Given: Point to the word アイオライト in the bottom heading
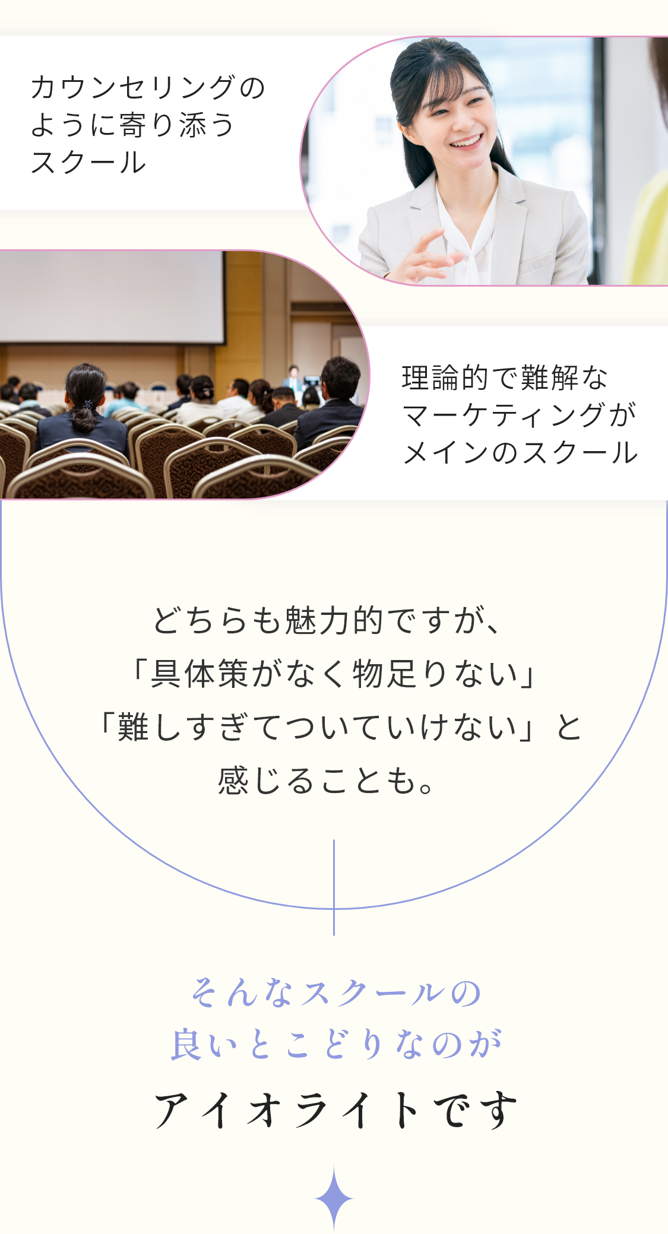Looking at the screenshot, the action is pos(287,1109).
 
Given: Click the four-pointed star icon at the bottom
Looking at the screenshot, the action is pos(334,1198).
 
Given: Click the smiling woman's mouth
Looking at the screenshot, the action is pos(467,142).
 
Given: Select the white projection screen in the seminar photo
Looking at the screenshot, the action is pos(112,297).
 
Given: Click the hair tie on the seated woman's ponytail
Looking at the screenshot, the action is pos(88,405).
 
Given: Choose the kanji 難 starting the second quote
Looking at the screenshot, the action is pos(133,727).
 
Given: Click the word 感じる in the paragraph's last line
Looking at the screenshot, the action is pos(265,781).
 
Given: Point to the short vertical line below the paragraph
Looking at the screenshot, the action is pos(334,887).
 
